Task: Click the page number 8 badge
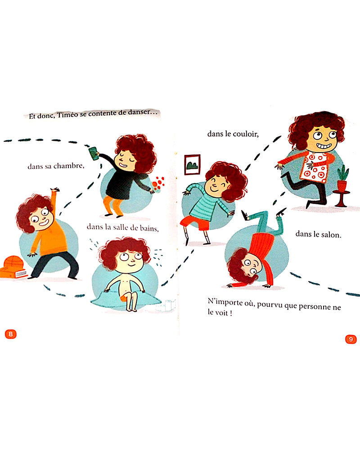[11, 334]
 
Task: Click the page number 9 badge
[351, 339]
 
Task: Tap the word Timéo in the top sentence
[67, 114]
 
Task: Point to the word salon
[331, 234]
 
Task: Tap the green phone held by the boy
[93, 153]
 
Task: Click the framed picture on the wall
[192, 165]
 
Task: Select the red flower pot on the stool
[342, 185]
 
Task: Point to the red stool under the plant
[341, 198]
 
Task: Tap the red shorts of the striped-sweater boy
[195, 223]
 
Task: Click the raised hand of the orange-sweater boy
[55, 190]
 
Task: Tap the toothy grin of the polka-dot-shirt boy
[323, 146]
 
